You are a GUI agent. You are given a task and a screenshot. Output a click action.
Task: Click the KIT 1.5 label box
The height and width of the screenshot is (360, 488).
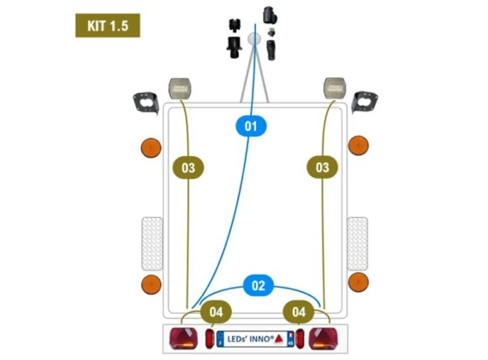[x=108, y=25]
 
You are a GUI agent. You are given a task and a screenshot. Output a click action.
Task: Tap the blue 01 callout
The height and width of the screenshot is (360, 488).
[x=251, y=126]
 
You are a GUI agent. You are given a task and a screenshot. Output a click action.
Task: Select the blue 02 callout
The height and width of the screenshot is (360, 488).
[x=258, y=285]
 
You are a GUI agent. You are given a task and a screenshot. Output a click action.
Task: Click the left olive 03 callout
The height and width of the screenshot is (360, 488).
[x=188, y=168]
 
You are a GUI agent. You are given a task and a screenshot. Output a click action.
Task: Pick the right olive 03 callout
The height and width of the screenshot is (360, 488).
[x=322, y=167]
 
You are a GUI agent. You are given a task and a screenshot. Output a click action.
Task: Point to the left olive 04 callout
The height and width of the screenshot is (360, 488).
[x=216, y=312]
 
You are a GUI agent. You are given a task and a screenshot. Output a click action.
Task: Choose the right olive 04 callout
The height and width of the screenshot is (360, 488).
[x=299, y=312]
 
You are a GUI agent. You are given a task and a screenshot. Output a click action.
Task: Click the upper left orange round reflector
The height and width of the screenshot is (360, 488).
[x=152, y=147]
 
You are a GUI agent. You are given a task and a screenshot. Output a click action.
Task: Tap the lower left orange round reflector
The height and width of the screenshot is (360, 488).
[x=152, y=285]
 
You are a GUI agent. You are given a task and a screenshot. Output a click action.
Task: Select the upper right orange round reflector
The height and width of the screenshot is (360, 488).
[x=358, y=146]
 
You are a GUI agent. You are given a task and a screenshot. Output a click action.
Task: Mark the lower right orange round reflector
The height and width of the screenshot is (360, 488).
[x=358, y=282]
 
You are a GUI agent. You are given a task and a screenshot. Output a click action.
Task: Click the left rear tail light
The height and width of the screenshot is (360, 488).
[x=183, y=338]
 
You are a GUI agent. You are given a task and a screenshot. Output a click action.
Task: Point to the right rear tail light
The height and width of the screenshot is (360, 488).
[x=323, y=338]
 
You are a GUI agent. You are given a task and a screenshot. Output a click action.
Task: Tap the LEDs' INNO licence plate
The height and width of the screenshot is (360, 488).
[x=255, y=339]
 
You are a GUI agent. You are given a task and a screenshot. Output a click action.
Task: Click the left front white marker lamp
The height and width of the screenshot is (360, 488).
[x=180, y=88]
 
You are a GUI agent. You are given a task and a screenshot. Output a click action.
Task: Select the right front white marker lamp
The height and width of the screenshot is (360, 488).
[x=335, y=88]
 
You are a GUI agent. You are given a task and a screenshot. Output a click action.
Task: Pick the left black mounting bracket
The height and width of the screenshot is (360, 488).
[x=146, y=103]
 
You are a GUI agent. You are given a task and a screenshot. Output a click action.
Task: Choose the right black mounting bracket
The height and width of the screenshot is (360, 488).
[x=364, y=102]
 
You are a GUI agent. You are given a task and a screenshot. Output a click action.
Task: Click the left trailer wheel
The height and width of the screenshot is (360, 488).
[x=152, y=243]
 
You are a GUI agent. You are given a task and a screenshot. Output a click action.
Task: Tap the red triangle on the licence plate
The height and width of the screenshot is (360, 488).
[x=279, y=339]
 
